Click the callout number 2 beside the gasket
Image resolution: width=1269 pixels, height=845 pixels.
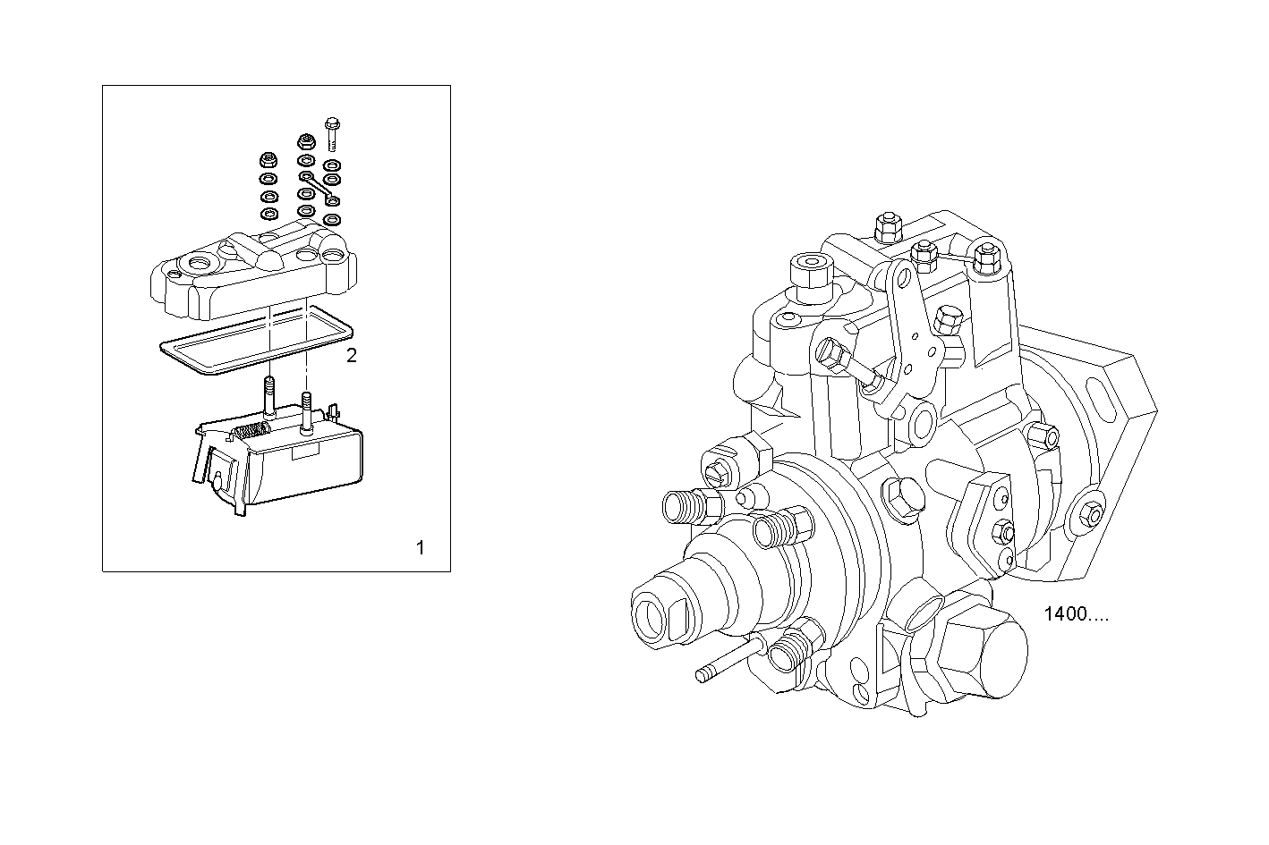coord(351,355)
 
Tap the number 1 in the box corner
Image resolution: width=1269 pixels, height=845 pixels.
coord(421,547)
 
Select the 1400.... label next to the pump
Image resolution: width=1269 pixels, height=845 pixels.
coord(1076,614)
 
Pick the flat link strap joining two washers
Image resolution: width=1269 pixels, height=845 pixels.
coord(319,189)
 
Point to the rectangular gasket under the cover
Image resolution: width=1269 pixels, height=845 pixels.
coord(256,340)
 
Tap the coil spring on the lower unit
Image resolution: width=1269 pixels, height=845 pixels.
coord(250,432)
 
